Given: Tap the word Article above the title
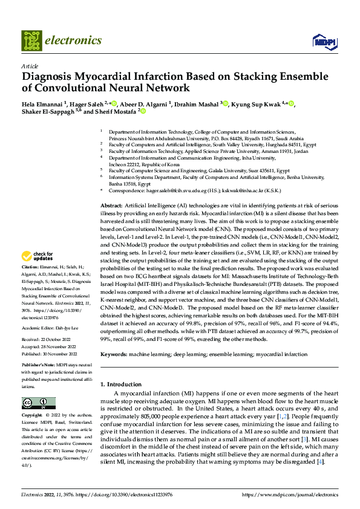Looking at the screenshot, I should coord(30,66).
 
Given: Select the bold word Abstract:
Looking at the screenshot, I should coord(112,207).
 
